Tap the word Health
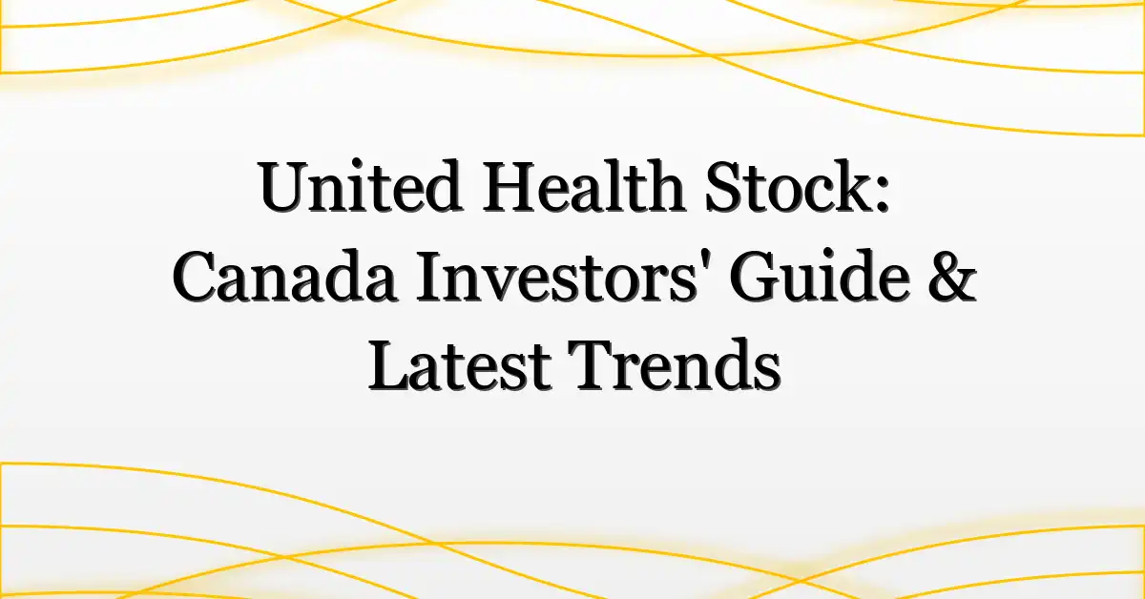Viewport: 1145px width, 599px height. coord(584,187)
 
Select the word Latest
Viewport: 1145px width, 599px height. coord(460,366)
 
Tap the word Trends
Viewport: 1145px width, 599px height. coord(675,366)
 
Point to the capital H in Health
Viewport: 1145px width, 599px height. coord(512,187)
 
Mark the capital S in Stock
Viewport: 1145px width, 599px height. coord(725,187)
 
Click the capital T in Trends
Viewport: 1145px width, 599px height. coord(592,366)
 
